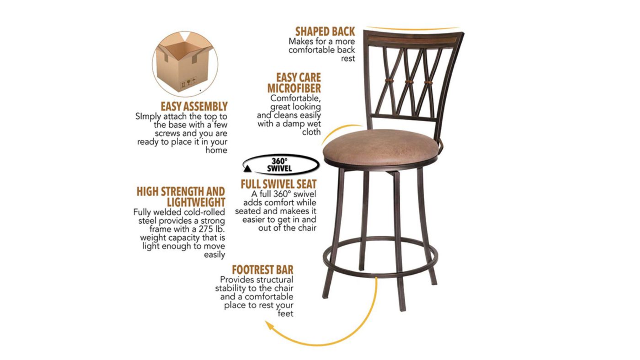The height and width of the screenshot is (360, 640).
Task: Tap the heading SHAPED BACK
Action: pyautogui.click(x=325, y=32)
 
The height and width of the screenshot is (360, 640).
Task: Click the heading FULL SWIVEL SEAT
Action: pyautogui.click(x=278, y=184)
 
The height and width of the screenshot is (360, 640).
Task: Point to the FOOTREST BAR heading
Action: pyautogui.click(x=262, y=270)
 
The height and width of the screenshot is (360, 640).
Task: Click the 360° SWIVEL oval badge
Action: pyautogui.click(x=279, y=165)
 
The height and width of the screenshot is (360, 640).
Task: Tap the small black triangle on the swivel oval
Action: pyautogui.click(x=247, y=169)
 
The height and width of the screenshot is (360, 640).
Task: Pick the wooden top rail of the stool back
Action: pyautogui.click(x=411, y=38)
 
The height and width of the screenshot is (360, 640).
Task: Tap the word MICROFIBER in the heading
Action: pyautogui.click(x=294, y=88)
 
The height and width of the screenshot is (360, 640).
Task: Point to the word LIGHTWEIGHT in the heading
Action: pyautogui.click(x=196, y=202)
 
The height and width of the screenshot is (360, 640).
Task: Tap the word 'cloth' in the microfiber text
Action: pyautogui.click(x=311, y=132)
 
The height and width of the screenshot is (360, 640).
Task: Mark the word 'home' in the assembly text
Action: pyautogui.click(x=216, y=150)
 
